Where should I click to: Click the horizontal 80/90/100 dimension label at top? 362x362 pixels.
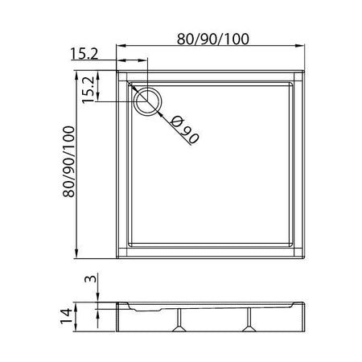coord(213,39)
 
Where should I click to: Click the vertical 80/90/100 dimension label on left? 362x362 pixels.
coord(68,162)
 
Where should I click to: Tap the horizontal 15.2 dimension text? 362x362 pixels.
coord(84,54)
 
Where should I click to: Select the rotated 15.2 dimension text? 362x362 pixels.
coord(88,90)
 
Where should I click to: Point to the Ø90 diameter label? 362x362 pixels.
coord(184,130)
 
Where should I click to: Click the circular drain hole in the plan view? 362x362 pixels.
coord(147,101)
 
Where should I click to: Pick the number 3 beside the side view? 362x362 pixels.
coord(91,279)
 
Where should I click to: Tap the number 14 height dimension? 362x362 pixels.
coord(66,316)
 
